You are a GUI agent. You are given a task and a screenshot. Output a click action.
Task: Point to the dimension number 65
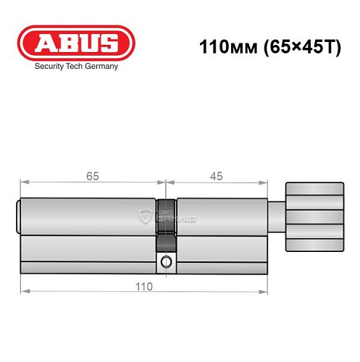coord(92,176)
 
